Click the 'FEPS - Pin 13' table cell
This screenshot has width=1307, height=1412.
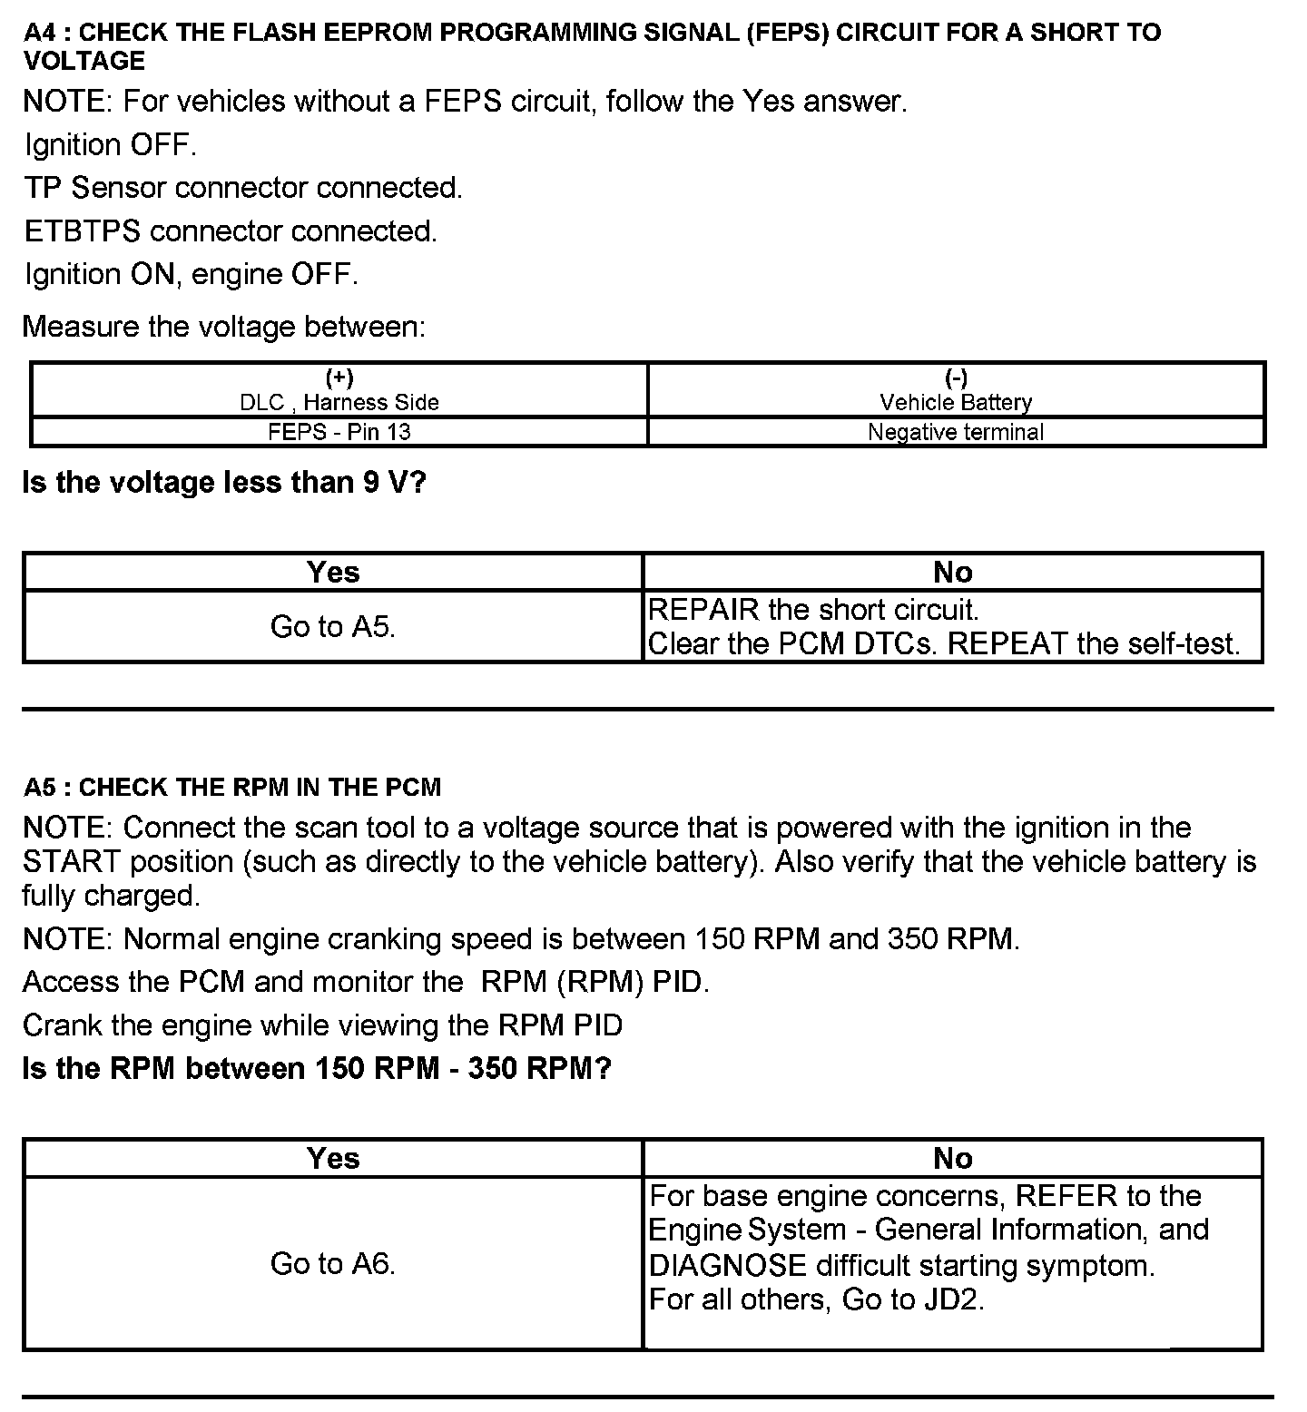[339, 432]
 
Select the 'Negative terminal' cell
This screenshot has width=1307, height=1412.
[955, 432]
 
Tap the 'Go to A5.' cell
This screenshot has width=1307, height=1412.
[332, 626]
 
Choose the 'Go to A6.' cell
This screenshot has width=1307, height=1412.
[332, 1263]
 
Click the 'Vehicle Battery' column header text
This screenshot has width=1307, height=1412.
[955, 402]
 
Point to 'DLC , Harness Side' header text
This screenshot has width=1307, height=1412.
[339, 402]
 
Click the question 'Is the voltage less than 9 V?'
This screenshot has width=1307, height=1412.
[223, 482]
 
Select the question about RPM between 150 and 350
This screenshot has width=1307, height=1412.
[316, 1068]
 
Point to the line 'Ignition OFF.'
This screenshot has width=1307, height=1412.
[110, 144]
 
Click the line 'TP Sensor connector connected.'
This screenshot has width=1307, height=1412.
[242, 188]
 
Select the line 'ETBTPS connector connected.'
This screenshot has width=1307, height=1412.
[231, 231]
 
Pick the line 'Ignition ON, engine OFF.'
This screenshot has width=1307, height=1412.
[191, 274]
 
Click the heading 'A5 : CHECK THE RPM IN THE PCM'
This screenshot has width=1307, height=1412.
[232, 787]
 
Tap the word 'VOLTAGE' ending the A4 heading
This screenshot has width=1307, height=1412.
[84, 61]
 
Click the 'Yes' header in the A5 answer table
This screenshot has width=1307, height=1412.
[332, 1158]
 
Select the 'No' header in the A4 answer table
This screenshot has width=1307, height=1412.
[952, 572]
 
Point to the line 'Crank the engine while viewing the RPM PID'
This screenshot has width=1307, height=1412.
[322, 1025]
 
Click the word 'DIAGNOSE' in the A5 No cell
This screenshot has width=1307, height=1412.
[727, 1265]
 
